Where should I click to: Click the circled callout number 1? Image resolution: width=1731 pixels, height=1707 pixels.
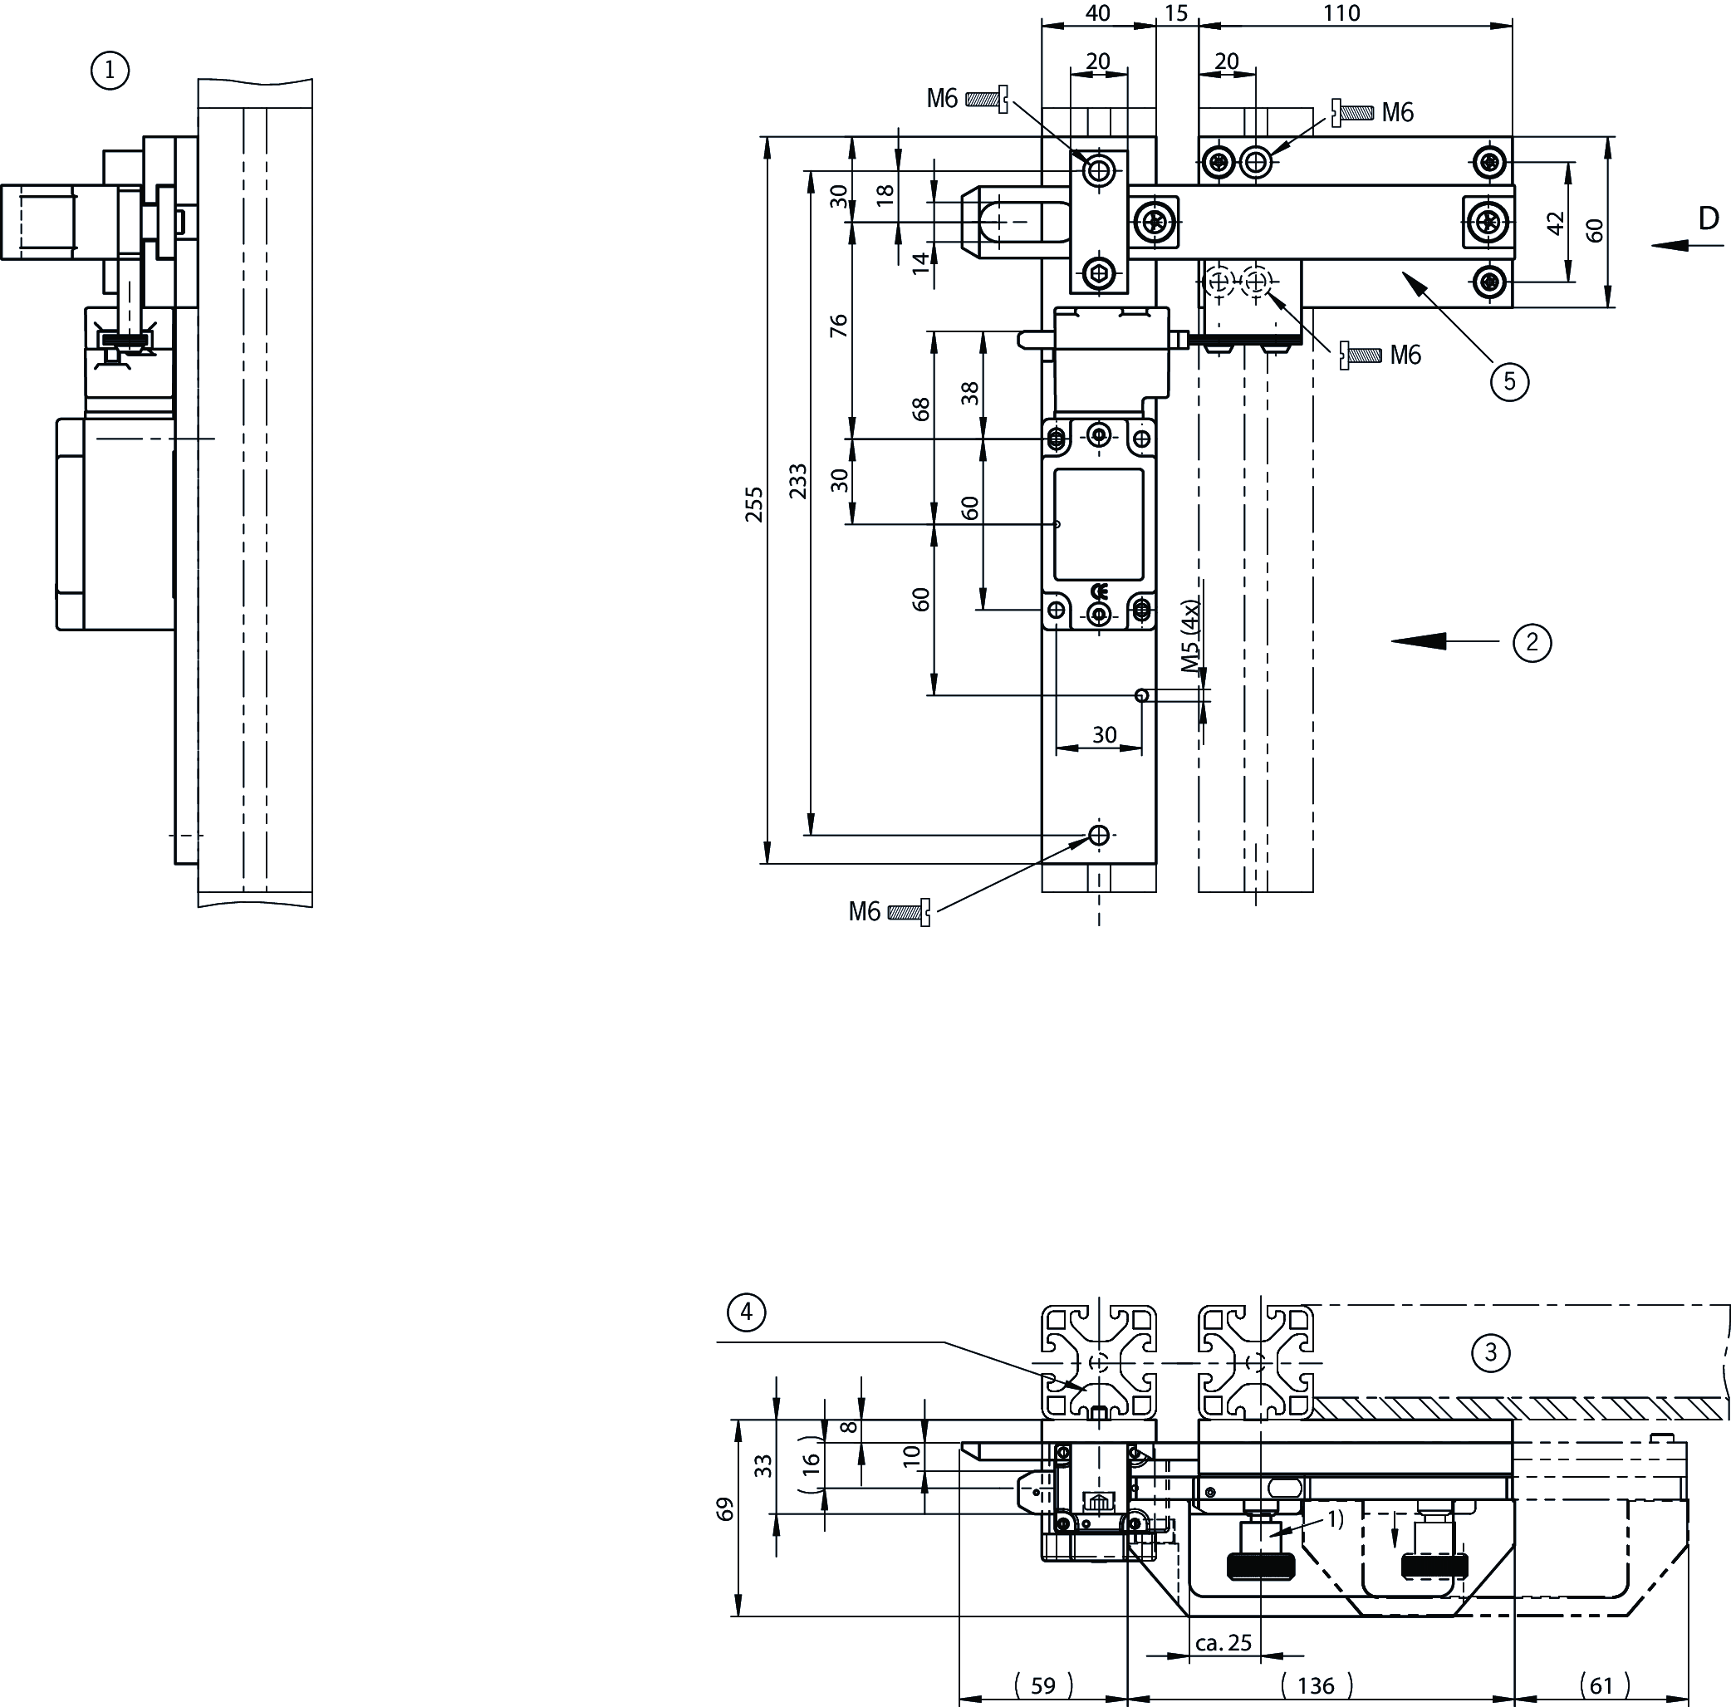click(x=110, y=70)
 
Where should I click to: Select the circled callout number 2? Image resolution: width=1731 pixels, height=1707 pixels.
click(x=1532, y=642)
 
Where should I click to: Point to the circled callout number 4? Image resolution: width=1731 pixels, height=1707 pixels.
click(x=747, y=1312)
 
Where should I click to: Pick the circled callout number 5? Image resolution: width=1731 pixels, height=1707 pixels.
click(x=1510, y=382)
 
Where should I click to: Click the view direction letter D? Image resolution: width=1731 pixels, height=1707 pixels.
click(x=1709, y=218)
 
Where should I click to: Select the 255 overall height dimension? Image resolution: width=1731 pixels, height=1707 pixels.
click(x=755, y=504)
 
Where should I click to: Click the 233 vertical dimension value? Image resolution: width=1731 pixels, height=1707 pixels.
click(x=797, y=481)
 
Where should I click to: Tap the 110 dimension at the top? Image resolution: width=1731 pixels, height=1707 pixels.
click(x=1341, y=13)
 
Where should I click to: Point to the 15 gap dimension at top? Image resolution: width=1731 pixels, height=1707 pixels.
click(x=1176, y=13)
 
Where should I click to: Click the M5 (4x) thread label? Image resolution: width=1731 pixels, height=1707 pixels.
click(x=1189, y=635)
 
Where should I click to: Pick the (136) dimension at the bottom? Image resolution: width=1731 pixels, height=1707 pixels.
click(x=1315, y=1685)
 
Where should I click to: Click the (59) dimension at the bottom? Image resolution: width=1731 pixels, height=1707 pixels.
click(x=1043, y=1685)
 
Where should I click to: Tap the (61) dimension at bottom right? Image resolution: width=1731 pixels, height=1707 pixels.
click(x=1602, y=1685)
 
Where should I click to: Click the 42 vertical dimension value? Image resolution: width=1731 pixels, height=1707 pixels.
click(x=1556, y=223)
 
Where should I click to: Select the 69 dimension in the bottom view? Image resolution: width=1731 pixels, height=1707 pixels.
click(x=726, y=1509)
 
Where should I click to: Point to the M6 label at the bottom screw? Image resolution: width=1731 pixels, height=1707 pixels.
click(x=865, y=912)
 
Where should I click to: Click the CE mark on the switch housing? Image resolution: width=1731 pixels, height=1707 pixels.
click(x=1100, y=591)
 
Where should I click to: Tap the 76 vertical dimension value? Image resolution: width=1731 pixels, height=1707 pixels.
click(x=839, y=325)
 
